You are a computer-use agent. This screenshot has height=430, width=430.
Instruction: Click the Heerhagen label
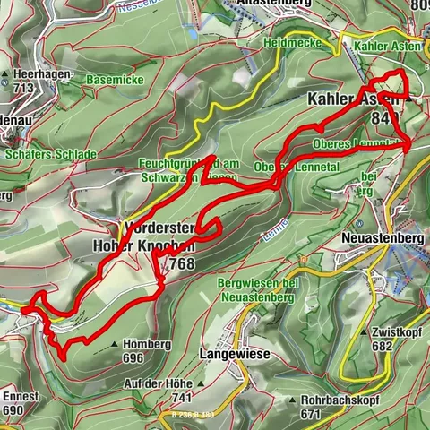(37, 73)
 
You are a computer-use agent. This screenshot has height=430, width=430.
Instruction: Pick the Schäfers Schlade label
(50, 154)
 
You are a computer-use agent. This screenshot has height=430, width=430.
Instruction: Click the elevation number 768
(179, 263)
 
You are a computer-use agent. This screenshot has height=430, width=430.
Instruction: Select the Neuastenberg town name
(382, 238)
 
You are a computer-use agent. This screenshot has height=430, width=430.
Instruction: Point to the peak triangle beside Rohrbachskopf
(292, 400)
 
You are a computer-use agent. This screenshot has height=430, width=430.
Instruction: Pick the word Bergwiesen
(245, 282)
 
